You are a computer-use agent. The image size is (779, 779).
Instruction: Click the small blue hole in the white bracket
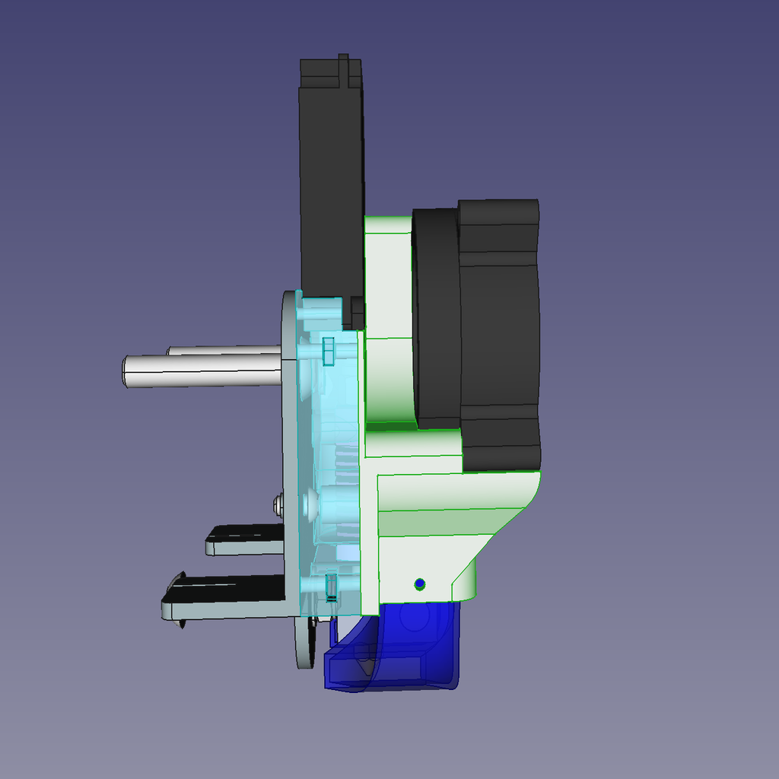pyautogui.click(x=419, y=584)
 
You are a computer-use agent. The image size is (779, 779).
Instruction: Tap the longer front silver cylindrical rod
pyautogui.click(x=202, y=372)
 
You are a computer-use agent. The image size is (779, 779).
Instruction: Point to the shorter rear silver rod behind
pyautogui.click(x=224, y=351)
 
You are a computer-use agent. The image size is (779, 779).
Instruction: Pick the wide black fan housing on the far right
pyautogui.click(x=500, y=335)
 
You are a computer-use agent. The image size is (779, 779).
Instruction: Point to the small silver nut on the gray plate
pyautogui.click(x=278, y=504)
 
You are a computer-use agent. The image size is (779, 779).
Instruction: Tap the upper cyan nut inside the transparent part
pyautogui.click(x=328, y=351)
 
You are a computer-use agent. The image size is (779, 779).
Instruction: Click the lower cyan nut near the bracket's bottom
pyautogui.click(x=331, y=587)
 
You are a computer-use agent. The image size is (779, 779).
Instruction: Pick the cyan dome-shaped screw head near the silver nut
pyautogui.click(x=311, y=503)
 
